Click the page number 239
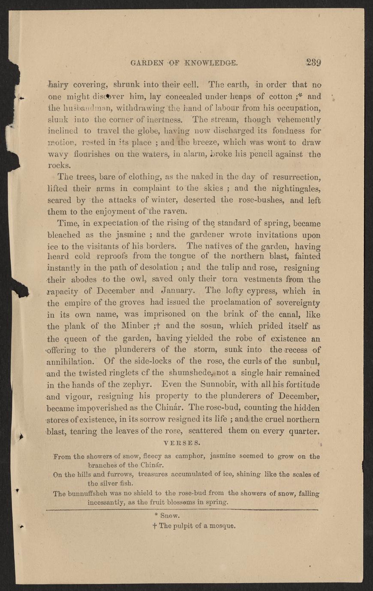313,62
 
